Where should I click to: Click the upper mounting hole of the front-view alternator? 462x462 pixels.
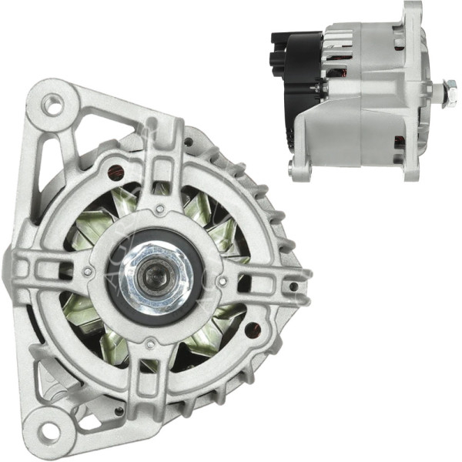pyautogui.click(x=52, y=103)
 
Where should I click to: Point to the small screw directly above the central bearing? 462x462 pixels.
pyautogui.click(x=159, y=209)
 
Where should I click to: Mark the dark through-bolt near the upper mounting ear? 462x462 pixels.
pyautogui.click(x=115, y=171)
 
